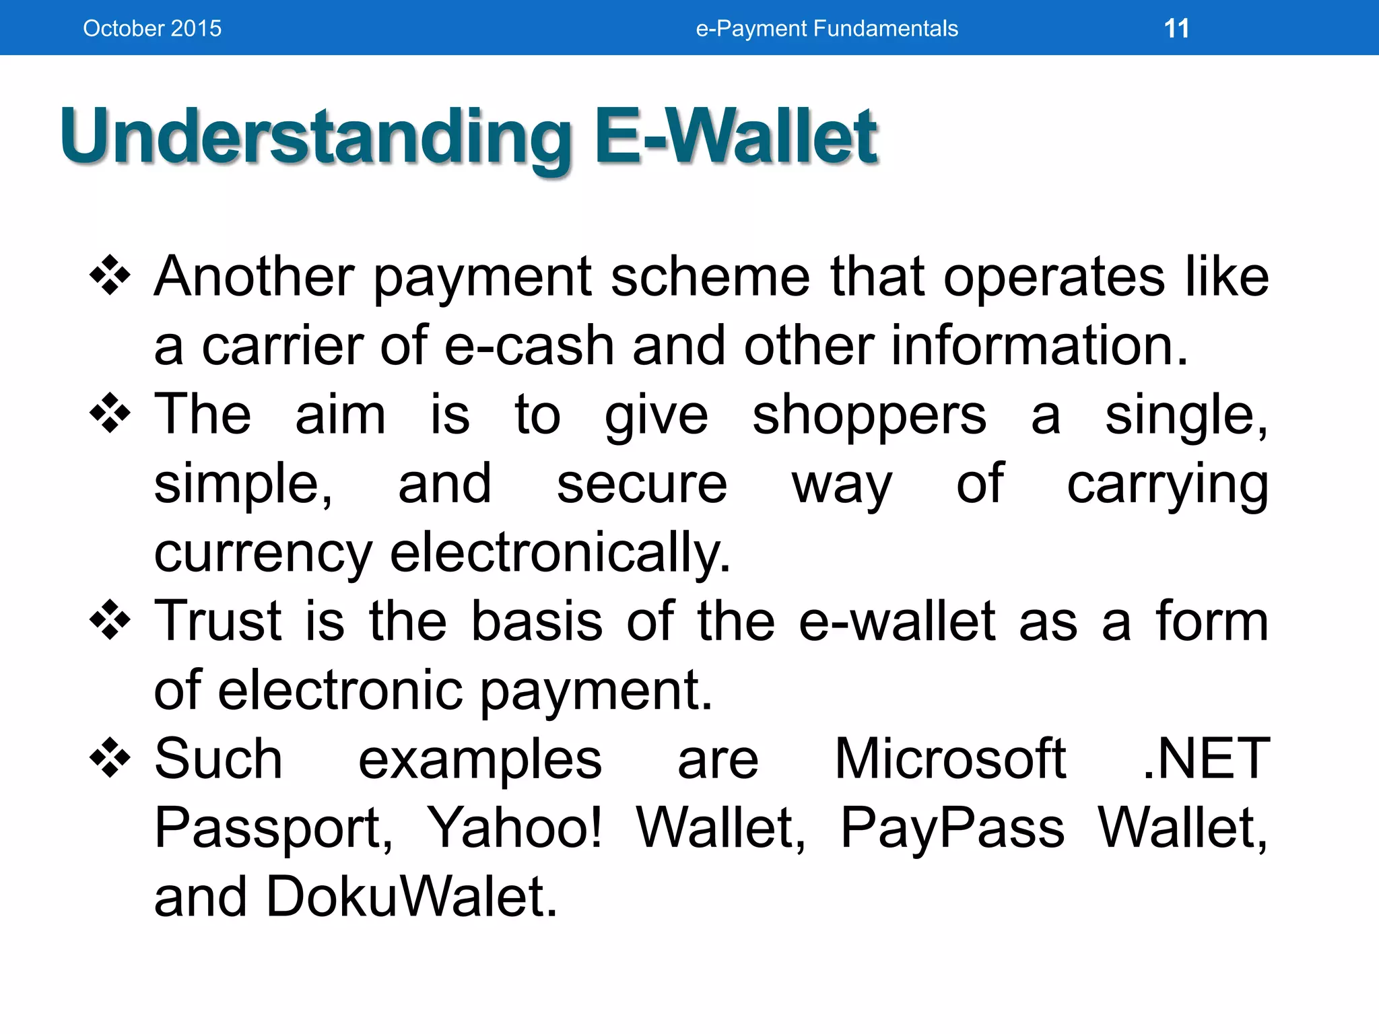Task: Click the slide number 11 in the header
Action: (1176, 28)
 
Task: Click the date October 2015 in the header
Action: (152, 28)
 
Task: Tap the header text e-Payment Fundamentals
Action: (827, 28)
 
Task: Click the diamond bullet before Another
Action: (110, 275)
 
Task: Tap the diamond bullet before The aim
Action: (110, 413)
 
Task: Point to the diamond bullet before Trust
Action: (110, 619)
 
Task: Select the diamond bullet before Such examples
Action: (110, 757)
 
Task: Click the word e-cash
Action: (529, 345)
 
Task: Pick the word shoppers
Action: (869, 415)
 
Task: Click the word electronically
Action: (560, 553)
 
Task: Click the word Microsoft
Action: (950, 759)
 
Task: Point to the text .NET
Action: (1206, 759)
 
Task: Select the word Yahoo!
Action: (515, 828)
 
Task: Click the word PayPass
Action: (952, 828)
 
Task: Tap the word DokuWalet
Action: (411, 897)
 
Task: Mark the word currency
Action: (263, 553)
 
